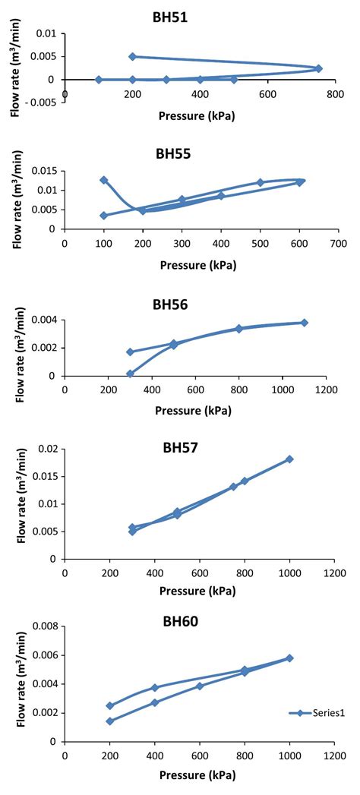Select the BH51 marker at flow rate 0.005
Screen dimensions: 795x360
(132, 56)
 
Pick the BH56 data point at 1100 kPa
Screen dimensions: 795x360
(305, 323)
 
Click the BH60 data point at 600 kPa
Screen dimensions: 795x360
(200, 686)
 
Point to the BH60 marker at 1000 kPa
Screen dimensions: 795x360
(289, 658)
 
